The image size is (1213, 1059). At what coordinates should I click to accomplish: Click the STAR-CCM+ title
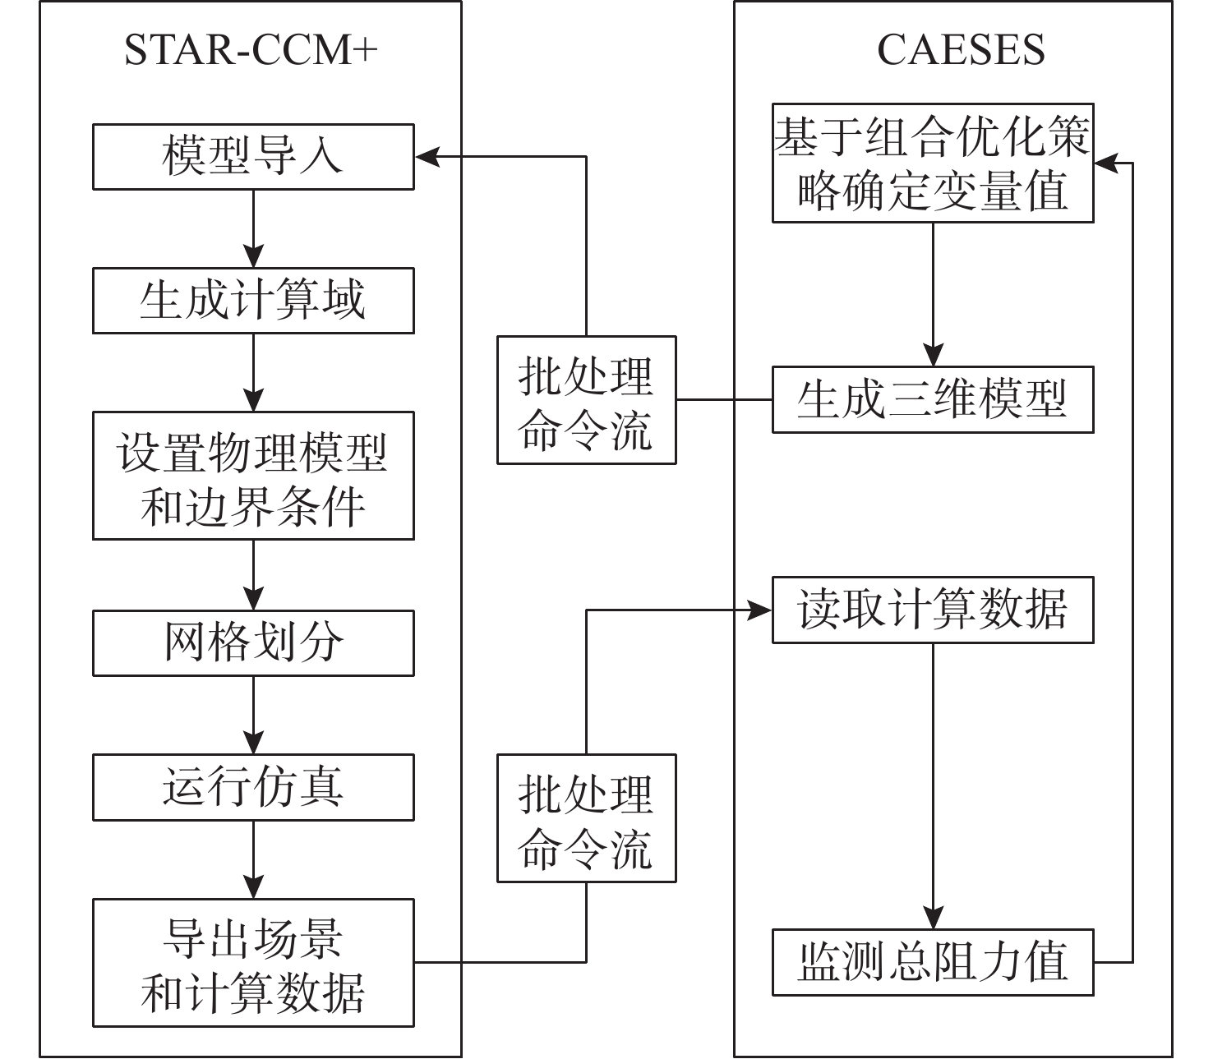(251, 50)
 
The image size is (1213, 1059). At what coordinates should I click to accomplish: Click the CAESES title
(961, 50)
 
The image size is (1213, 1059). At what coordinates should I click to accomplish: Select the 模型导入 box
(253, 157)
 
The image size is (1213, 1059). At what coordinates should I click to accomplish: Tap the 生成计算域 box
(253, 301)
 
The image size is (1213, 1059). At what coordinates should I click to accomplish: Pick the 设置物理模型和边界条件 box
(253, 476)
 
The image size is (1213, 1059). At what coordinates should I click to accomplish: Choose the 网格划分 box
(253, 643)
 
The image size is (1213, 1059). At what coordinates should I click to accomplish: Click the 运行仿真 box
(253, 788)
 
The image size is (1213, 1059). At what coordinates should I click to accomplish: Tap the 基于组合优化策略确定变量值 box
(933, 163)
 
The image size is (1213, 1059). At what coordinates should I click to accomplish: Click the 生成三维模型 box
(933, 400)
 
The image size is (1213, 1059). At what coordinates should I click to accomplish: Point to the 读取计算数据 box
(933, 610)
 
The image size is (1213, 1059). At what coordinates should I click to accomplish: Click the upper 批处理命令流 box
(586, 400)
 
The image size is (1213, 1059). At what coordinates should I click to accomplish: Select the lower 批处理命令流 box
(586, 818)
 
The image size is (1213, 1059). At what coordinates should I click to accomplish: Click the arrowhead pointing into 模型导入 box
(427, 157)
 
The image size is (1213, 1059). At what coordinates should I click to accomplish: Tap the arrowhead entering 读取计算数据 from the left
(759, 610)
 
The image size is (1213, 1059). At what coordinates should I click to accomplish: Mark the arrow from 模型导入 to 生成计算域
(254, 228)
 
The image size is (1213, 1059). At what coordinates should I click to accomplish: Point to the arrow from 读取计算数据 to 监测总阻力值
(933, 786)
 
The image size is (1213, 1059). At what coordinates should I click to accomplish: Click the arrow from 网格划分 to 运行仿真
(254, 716)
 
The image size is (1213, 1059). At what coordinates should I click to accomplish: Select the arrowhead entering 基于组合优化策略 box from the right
(1106, 163)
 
